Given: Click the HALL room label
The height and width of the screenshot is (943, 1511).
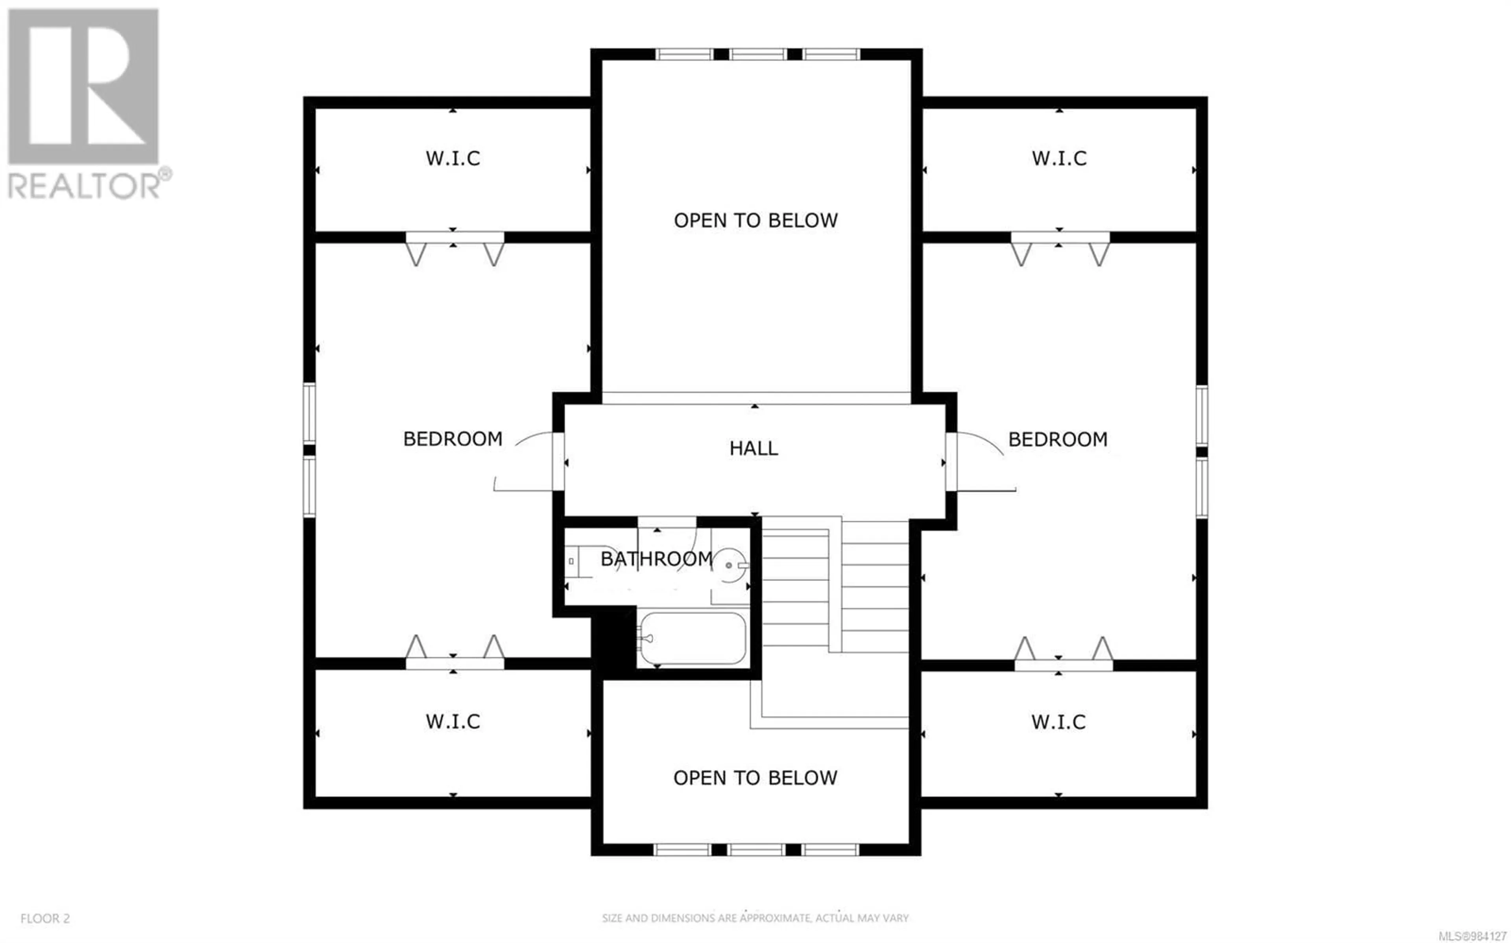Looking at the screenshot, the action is click(x=754, y=448).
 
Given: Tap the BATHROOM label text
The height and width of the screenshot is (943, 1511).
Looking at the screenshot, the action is click(x=656, y=559).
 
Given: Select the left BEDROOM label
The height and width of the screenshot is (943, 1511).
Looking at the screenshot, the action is click(x=453, y=439).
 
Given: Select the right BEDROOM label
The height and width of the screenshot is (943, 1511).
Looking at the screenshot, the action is click(x=1058, y=439).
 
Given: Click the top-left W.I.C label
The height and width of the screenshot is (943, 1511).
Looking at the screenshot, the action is click(x=453, y=158).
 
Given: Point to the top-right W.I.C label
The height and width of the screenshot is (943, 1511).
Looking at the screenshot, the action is click(x=1059, y=158).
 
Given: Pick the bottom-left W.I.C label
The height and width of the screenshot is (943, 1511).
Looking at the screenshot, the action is click(x=453, y=722).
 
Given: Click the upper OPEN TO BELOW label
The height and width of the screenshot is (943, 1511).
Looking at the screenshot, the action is click(x=755, y=220).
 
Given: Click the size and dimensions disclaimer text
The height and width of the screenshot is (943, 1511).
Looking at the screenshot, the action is click(x=755, y=918).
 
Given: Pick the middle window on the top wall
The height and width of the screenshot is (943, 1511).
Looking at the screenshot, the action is click(x=758, y=54).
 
